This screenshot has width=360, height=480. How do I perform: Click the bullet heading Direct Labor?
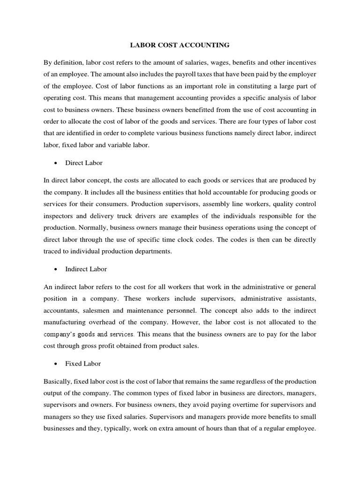click(84, 163)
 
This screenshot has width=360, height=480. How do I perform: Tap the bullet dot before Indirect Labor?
click(56, 269)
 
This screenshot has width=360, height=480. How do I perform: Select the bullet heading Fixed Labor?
click(83, 364)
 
